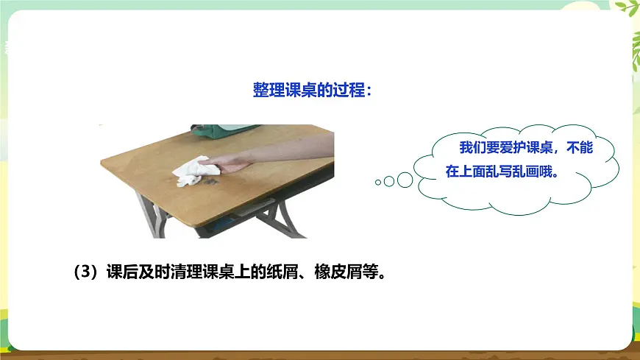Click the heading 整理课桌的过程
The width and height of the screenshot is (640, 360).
[313, 90]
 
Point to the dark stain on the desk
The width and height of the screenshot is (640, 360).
[211, 177]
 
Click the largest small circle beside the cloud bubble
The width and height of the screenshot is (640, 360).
[405, 179]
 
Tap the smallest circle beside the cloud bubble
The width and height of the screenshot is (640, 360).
[378, 182]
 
